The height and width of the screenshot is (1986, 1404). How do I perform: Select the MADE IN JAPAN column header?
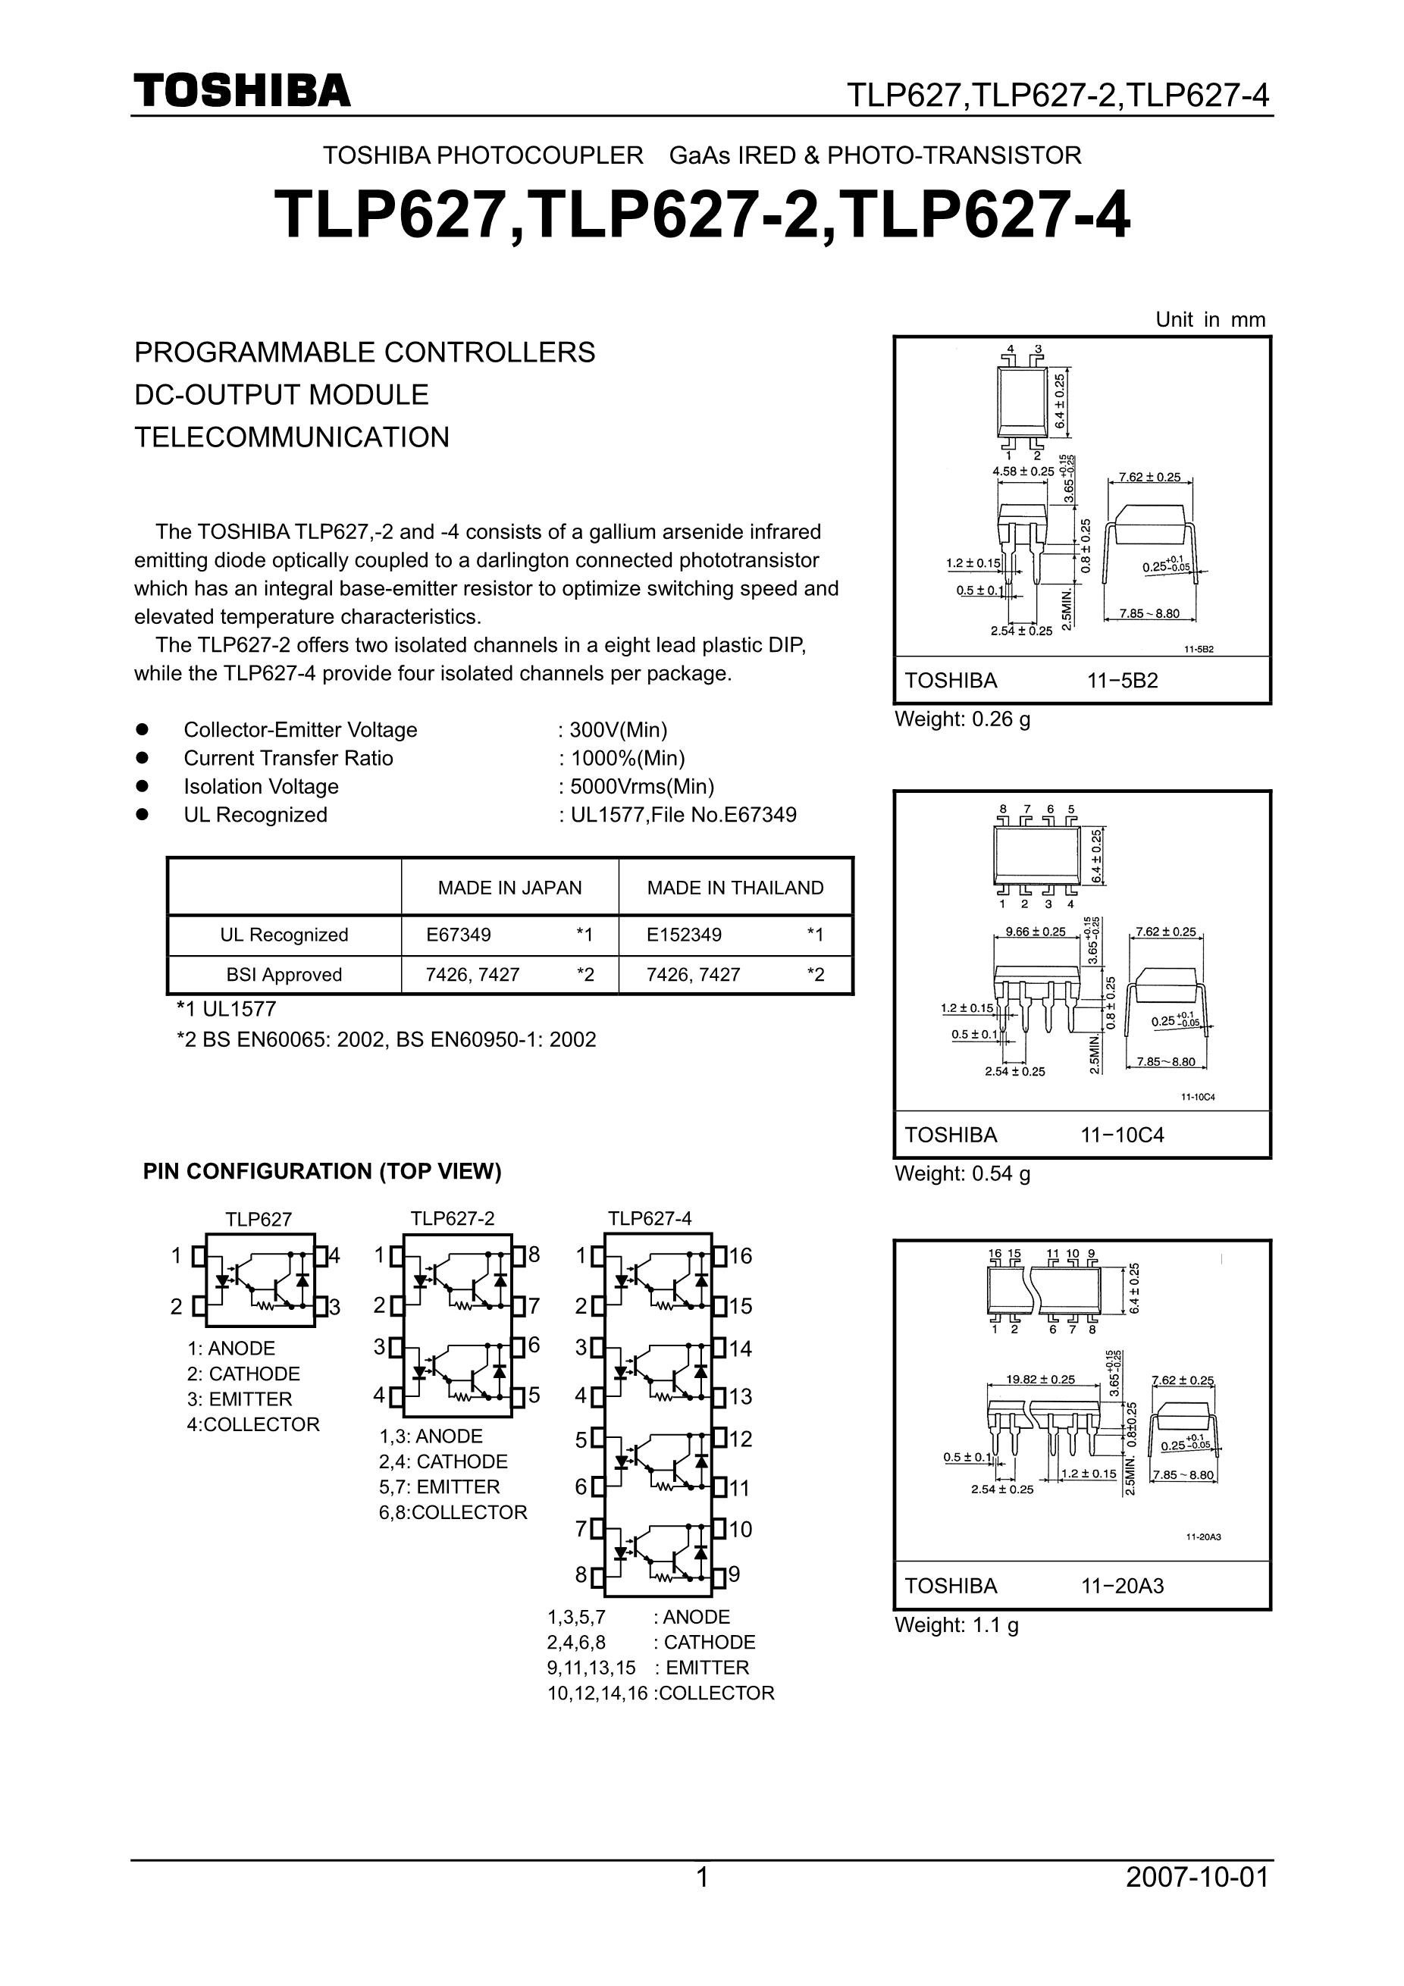coord(509,888)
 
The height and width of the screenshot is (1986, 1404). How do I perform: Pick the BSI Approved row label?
coord(284,975)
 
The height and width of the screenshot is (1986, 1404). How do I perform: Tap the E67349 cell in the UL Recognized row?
coord(459,935)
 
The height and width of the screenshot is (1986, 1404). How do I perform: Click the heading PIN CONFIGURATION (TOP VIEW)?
coord(321,1171)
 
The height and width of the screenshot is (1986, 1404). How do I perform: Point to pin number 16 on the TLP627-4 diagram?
coord(741,1256)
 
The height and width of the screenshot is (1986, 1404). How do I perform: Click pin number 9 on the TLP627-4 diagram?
coord(735,1574)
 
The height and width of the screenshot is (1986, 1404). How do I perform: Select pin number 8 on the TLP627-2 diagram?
coord(534,1255)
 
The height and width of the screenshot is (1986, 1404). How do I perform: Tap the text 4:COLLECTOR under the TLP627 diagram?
coord(252,1424)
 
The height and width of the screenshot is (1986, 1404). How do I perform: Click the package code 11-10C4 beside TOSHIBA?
coord(1122,1135)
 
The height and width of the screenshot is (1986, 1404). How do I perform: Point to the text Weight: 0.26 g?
coord(962,719)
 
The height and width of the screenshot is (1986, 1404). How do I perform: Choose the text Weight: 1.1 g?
coord(956,1625)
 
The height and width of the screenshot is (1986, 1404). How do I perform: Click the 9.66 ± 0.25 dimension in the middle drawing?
coord(1036,932)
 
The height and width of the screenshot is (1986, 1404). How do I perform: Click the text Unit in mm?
coord(1209,320)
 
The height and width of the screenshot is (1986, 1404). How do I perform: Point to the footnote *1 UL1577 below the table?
coord(226,1010)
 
